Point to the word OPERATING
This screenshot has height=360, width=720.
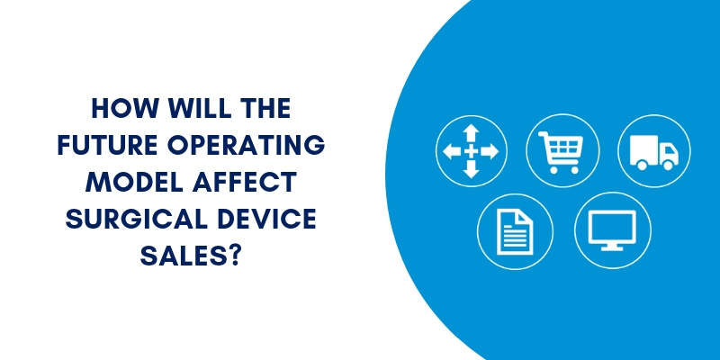click(x=246, y=145)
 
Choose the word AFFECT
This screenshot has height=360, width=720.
click(x=244, y=182)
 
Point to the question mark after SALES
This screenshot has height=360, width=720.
click(x=233, y=255)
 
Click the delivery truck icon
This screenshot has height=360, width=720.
click(x=654, y=152)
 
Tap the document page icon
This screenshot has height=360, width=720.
click(x=515, y=231)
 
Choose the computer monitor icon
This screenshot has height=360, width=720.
click(x=612, y=230)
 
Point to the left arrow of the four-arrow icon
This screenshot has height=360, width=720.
click(x=452, y=151)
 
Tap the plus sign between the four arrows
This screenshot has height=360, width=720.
click(x=471, y=151)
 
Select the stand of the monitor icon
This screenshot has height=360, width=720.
click(x=612, y=247)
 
